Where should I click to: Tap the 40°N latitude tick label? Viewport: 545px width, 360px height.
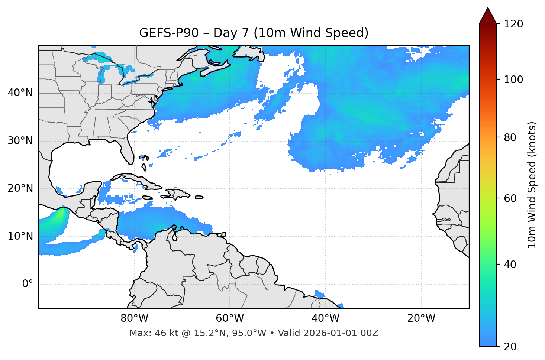pos(20,93)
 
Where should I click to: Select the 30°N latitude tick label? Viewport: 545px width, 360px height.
pos(20,141)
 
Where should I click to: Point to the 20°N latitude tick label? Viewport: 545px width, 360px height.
pos(20,188)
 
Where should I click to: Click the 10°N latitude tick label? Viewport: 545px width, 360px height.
pos(20,236)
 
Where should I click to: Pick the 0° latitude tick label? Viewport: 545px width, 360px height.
pos(28,284)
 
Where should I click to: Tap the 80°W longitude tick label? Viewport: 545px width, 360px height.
pos(134,318)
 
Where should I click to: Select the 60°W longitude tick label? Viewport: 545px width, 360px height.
pos(230,318)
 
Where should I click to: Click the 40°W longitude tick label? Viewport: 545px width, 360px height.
pos(325,318)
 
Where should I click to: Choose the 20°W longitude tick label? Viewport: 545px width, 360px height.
pos(421,318)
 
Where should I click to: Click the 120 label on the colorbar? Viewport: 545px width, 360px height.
pos(513,24)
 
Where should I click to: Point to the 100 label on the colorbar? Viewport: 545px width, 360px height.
pos(513,80)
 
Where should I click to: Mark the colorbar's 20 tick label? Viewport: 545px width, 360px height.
pos(510,347)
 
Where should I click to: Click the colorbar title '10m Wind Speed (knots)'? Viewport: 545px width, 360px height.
pos(532,185)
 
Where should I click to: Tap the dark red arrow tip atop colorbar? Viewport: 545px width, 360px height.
pos(488,15)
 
